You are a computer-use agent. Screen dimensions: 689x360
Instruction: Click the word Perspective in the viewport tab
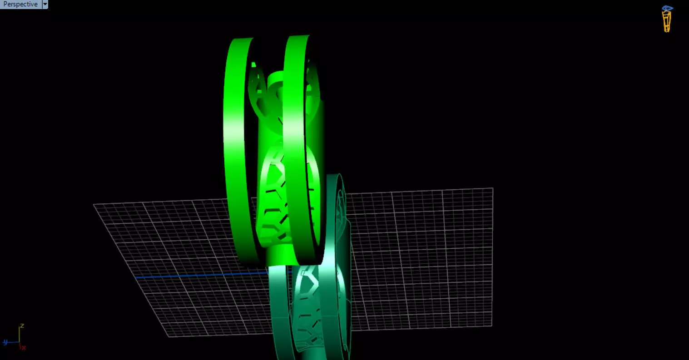20,4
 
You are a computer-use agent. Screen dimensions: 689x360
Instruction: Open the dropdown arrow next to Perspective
45,4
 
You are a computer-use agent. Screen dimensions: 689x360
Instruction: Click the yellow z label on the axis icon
22,326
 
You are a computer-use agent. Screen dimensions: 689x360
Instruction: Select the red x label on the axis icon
24,347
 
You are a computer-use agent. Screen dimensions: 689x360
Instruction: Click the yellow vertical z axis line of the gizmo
19,335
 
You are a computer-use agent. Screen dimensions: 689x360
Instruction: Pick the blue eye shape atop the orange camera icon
667,8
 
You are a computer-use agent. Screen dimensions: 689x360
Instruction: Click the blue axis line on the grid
200,275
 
